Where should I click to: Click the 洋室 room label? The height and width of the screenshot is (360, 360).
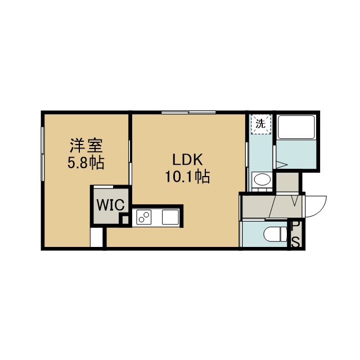tap(86, 146)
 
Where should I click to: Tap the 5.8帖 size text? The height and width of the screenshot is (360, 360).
tap(86, 163)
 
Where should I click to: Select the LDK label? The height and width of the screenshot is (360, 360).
tap(187, 160)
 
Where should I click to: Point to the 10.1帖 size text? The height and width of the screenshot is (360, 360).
tap(187, 176)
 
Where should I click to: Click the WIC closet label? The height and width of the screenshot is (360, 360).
tap(110, 205)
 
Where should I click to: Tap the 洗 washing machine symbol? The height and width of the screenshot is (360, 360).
tap(261, 124)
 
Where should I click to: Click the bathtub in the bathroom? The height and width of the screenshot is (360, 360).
tap(296, 127)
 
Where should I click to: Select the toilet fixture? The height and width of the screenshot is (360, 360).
tap(275, 235)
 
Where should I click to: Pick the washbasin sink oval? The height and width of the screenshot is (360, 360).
tap(262, 179)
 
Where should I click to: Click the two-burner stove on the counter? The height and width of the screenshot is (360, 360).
tap(144, 217)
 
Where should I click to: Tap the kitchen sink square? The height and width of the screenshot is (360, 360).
tap(170, 217)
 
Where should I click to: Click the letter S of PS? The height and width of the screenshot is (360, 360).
tap(296, 242)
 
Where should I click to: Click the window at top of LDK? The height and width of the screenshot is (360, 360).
tap(188, 112)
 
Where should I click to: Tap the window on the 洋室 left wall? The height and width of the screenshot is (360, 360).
tap(43, 154)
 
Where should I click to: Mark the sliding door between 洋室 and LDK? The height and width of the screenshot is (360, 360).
tap(130, 162)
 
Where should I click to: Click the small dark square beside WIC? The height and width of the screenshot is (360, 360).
tap(125, 220)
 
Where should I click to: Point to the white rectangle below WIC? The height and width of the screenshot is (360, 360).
tap(96, 237)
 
